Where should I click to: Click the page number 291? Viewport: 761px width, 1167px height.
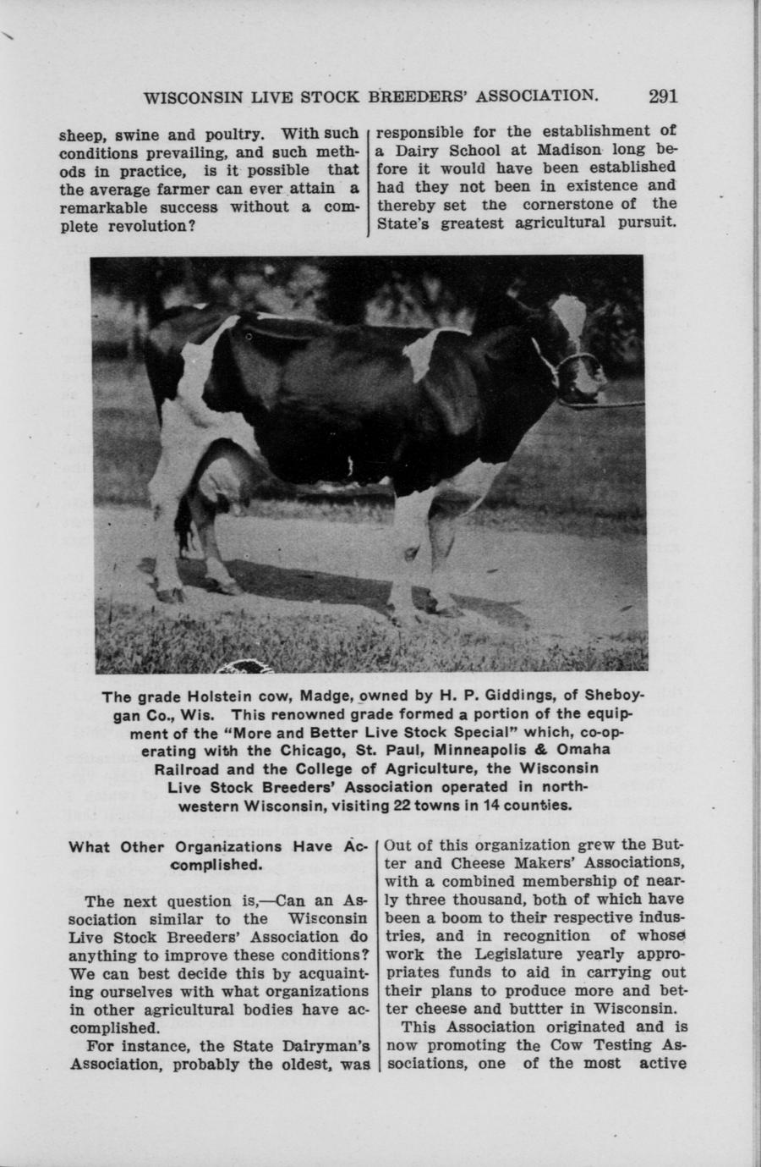[x=663, y=95]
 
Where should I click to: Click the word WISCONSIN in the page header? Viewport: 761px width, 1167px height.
[x=194, y=96]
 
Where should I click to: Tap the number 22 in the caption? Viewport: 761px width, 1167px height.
[x=397, y=805]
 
